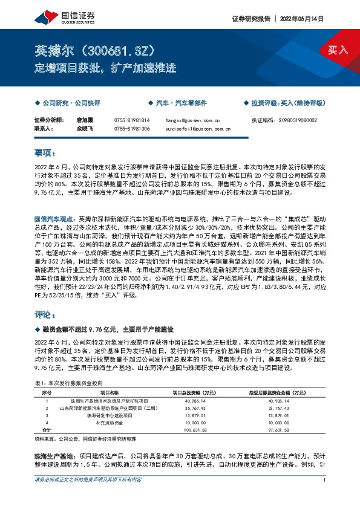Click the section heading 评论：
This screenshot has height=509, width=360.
(x=45, y=315)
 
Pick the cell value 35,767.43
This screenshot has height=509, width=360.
(x=186, y=408)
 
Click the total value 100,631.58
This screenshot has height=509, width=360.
(x=186, y=430)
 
